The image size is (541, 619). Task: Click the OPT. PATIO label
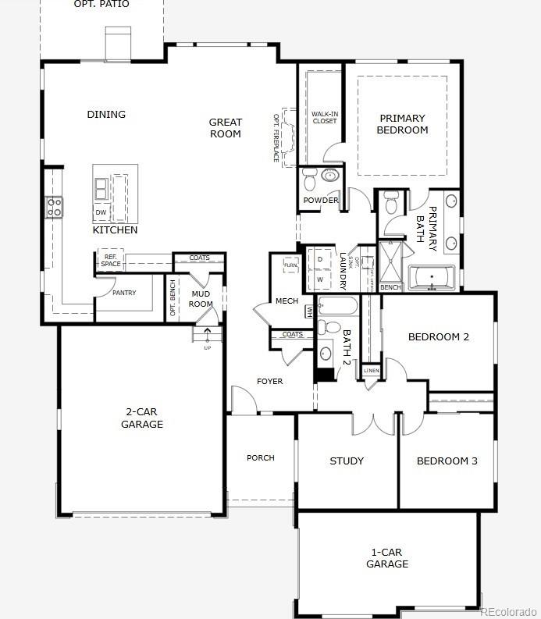101,5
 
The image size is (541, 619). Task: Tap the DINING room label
106,115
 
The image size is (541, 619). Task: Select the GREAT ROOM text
225,128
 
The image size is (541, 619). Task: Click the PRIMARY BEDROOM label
402,125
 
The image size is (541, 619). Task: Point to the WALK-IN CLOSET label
324,117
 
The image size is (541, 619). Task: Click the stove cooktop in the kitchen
55,207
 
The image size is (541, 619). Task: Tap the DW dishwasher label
101,212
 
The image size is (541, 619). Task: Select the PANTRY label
123,293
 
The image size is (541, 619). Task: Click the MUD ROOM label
201,299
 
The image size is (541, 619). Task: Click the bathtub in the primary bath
431,277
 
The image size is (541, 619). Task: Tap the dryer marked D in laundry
320,259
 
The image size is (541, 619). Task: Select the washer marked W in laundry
320,279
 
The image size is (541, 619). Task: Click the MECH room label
287,301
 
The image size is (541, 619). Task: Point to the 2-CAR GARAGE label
142,418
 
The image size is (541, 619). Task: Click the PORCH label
260,458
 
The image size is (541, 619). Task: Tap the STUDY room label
347,461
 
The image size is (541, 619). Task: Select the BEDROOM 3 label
447,461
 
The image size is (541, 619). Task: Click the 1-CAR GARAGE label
387,558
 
